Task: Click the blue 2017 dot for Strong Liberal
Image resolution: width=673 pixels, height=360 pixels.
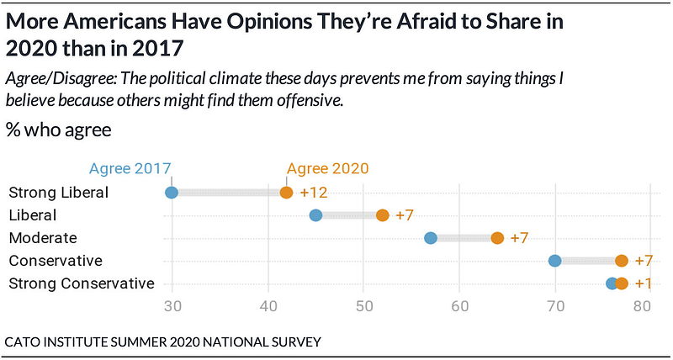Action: pos(172,193)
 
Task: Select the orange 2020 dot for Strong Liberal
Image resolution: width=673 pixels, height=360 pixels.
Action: pos(286,193)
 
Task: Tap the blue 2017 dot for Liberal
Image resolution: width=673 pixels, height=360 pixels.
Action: pos(315,215)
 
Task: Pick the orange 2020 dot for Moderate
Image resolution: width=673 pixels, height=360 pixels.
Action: pos(497,238)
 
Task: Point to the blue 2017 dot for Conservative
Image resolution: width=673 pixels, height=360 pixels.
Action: pos(555,261)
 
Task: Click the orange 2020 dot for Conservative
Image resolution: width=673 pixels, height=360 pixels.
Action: pos(622,261)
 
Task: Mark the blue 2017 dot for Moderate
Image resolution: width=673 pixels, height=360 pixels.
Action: pos(431,238)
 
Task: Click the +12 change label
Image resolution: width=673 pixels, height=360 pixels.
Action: pos(314,193)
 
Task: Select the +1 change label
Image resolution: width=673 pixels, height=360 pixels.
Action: pos(644,283)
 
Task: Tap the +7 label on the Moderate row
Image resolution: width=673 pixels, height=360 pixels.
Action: pos(519,238)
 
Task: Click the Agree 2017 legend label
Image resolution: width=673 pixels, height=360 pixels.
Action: pos(130,168)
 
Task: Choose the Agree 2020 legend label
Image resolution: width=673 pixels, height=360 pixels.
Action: pos(327,168)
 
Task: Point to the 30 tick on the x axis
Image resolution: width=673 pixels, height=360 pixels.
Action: pos(172,308)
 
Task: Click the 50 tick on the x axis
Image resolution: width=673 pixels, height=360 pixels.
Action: pos(363,308)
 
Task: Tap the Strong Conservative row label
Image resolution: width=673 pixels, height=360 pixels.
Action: pos(82,283)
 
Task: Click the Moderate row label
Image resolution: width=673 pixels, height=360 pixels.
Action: pos(43,238)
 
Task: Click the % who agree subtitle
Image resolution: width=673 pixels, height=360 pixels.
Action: pos(58,130)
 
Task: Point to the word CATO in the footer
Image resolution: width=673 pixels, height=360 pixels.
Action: pos(20,342)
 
